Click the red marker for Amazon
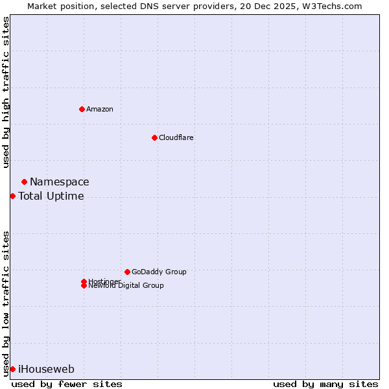(x=82, y=109)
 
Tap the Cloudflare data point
(x=154, y=137)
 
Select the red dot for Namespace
(x=24, y=182)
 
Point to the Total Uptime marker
(x=12, y=196)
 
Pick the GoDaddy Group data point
(x=127, y=272)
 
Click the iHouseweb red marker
(x=12, y=369)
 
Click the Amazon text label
(x=99, y=109)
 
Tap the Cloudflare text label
(x=176, y=137)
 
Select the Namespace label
(x=59, y=182)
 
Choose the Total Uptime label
(x=51, y=196)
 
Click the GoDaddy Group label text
(x=158, y=272)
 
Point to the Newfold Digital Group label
(x=126, y=286)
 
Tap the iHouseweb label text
(x=46, y=370)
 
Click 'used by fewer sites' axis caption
(x=67, y=384)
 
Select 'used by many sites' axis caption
(x=325, y=384)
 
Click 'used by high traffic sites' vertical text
(x=6, y=92)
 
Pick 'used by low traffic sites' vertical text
(x=6, y=303)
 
